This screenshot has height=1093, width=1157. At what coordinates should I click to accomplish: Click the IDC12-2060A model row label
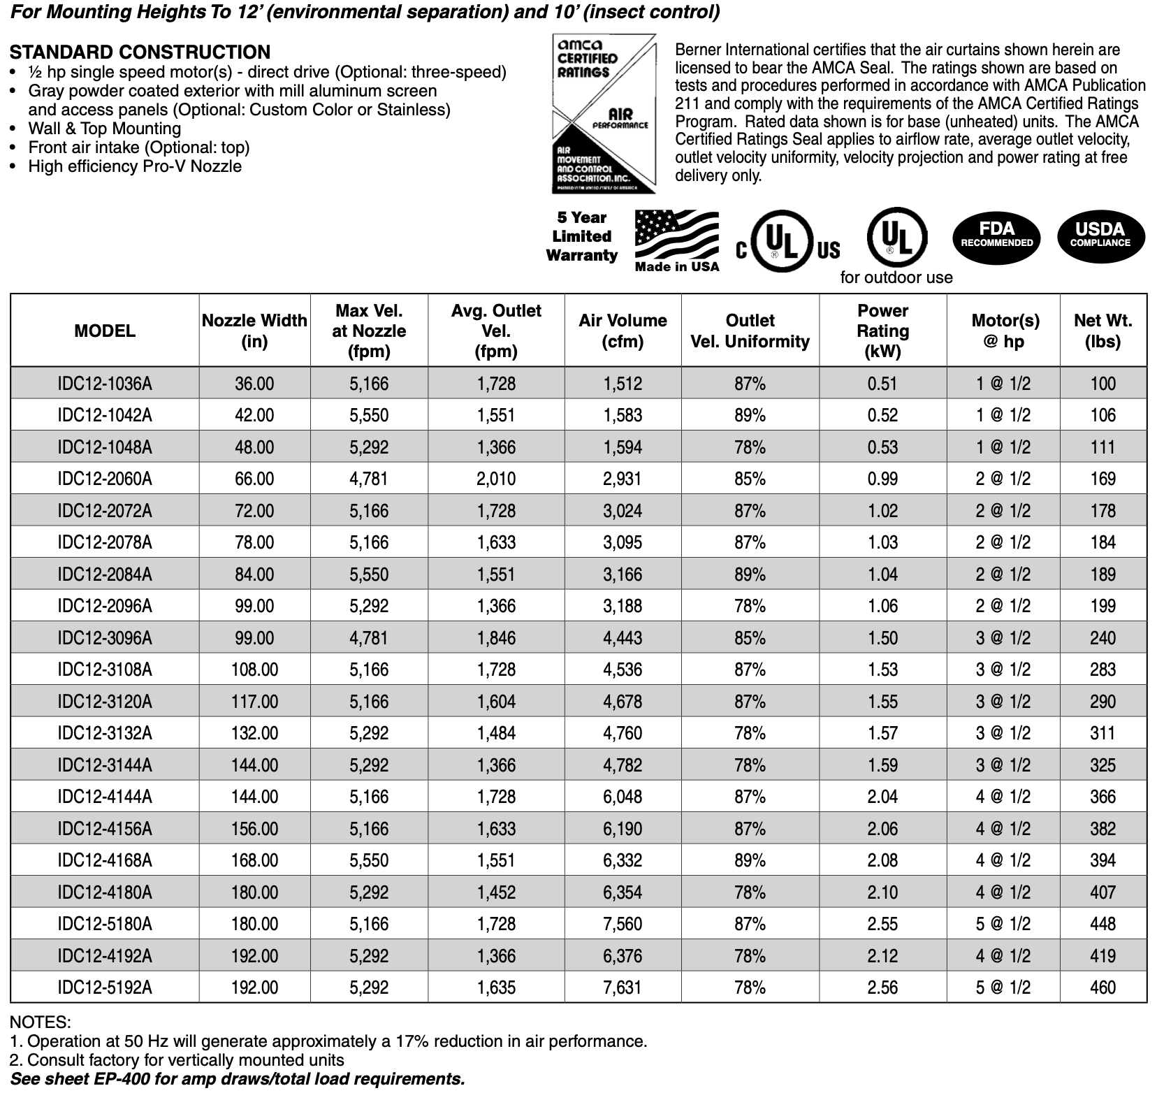click(105, 479)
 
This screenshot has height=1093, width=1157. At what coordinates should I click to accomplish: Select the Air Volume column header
click(623, 331)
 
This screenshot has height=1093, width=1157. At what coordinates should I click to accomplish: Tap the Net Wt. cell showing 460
click(1103, 987)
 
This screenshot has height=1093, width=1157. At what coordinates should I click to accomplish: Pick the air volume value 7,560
click(623, 924)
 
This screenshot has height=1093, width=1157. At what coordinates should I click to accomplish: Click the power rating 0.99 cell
click(882, 479)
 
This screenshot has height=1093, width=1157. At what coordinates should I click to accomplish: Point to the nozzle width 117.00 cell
click(254, 702)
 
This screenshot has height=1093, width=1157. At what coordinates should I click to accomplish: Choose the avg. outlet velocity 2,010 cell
click(496, 479)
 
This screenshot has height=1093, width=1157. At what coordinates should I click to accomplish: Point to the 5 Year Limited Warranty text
click(581, 236)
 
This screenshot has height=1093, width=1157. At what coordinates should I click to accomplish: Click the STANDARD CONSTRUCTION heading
click(140, 52)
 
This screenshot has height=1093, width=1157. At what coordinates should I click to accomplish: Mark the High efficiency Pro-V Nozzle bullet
click(135, 166)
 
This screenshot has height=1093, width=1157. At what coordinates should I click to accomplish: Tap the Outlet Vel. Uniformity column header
click(750, 331)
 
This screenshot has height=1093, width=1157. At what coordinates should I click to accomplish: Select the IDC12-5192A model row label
click(105, 987)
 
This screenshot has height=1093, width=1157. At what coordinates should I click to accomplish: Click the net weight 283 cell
click(1103, 669)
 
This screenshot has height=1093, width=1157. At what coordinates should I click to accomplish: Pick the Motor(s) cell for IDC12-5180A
click(1003, 924)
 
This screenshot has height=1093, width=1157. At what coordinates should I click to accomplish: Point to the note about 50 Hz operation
click(328, 1041)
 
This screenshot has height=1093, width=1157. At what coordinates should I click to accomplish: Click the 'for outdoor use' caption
click(896, 277)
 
